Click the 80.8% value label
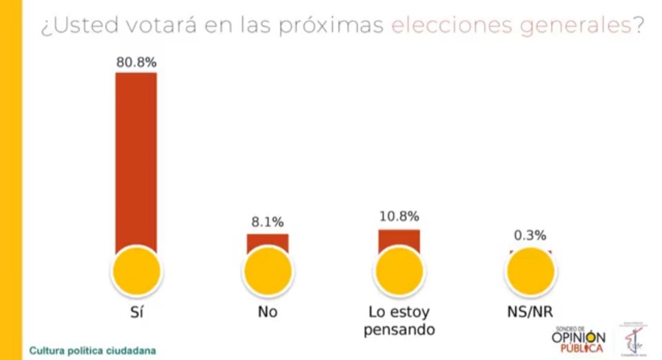pos(136,62)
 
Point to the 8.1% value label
pos(268,222)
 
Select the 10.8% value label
pos(399,217)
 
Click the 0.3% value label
pos(530,235)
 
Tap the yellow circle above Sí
pos(136,270)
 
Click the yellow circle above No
pos(268,270)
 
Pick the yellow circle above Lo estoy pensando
pos(399,270)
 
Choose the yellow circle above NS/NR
pos(530,270)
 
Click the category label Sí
pos(136,311)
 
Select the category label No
pos(268,311)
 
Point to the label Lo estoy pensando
pos(399,320)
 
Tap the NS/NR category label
pos(530,311)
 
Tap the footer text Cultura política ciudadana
pos(92,350)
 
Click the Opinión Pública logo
pos(578,339)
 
